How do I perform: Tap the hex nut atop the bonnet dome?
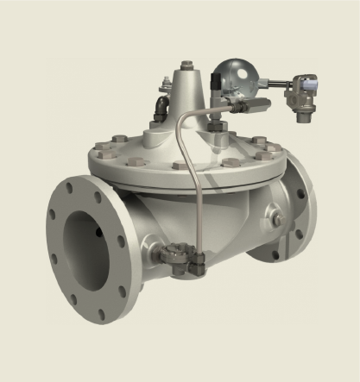[x=187, y=66]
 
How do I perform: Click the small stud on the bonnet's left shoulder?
[x=165, y=84]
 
